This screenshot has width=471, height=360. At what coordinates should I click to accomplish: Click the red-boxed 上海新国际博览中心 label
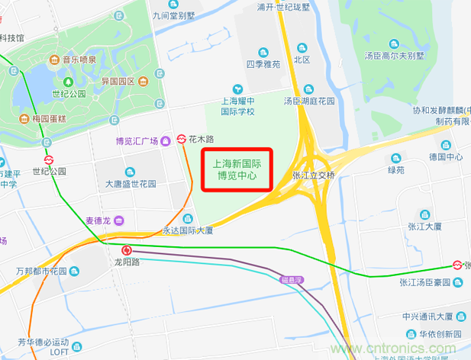coord(236,169)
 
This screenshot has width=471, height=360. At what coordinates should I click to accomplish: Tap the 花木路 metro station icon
coord(182,139)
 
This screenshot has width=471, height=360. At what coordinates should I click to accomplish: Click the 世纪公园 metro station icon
coord(48,160)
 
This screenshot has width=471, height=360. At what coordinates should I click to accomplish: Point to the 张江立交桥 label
coord(314,175)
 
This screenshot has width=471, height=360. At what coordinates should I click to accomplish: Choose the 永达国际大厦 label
coord(187,230)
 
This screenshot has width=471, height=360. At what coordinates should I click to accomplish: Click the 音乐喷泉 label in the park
coord(79,59)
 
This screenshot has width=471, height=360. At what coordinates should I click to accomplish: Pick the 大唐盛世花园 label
coord(131,184)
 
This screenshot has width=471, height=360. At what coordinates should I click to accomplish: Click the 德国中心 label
coord(446,157)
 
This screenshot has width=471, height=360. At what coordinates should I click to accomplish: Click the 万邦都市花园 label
coord(41,271)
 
